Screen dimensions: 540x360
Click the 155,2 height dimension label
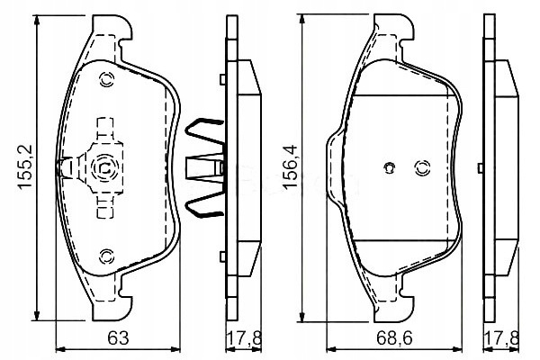pyautogui.click(x=25, y=166)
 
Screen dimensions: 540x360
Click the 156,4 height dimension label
pyautogui.click(x=290, y=166)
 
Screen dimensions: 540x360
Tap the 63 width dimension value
pyautogui.click(x=118, y=338)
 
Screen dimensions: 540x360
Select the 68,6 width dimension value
pyautogui.click(x=394, y=338)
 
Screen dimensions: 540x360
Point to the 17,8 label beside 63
pyautogui.click(x=244, y=338)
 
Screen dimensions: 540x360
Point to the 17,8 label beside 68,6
pyautogui.click(x=501, y=338)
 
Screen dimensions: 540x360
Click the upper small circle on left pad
pyautogui.click(x=106, y=80)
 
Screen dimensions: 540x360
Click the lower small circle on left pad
pyautogui.click(x=106, y=256)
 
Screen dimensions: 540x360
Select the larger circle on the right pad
pyautogui.click(x=422, y=167)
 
